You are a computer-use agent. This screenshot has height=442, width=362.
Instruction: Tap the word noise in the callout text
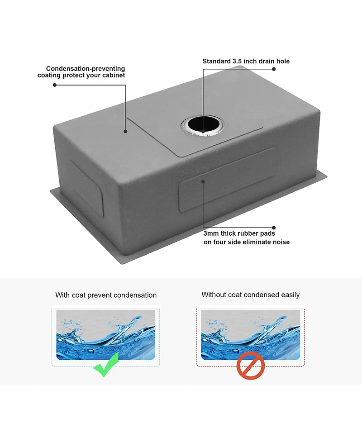tap(280, 242)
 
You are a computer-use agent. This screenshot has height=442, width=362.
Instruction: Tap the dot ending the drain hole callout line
tap(274, 69)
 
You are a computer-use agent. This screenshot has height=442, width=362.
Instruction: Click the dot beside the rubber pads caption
tap(274, 228)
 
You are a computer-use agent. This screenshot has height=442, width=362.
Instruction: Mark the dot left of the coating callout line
tap(55, 85)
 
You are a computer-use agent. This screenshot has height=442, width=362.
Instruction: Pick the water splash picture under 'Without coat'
tap(250, 332)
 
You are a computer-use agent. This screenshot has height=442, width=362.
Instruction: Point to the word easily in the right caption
tap(290, 295)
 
